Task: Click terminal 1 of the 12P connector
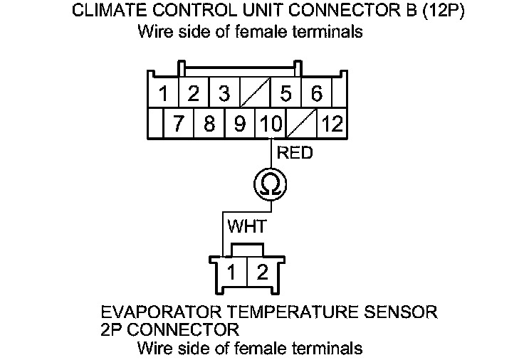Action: [163, 94]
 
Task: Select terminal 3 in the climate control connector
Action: [224, 94]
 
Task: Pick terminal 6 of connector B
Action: [317, 94]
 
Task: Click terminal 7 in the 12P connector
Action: [179, 125]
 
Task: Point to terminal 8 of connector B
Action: [209, 125]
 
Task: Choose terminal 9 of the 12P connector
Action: [240, 125]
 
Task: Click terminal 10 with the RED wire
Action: [271, 125]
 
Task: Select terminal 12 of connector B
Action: [331, 125]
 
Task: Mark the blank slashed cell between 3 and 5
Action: [255, 94]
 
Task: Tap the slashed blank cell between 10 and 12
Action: [301, 125]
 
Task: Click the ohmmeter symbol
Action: [271, 186]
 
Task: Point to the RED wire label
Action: [294, 153]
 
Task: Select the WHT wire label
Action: [246, 227]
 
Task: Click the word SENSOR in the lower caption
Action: [401, 312]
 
